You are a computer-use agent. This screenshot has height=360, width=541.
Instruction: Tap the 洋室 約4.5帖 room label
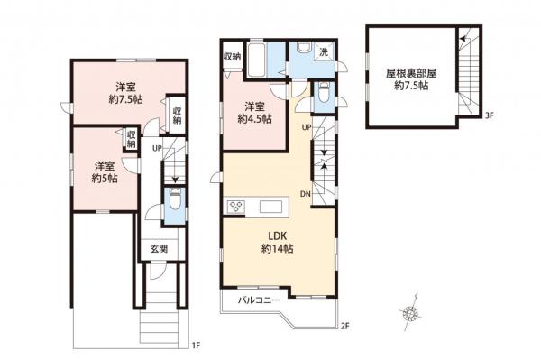253,112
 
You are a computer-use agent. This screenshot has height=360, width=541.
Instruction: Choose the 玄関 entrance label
156,249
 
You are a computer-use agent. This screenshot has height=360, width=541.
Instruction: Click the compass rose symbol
411,312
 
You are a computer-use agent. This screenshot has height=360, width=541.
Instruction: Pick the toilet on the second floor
322,91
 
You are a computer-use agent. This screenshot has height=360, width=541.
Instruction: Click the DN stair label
306,195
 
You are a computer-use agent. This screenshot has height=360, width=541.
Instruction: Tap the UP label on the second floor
307,128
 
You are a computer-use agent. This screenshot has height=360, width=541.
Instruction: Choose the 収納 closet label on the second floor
232,56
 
